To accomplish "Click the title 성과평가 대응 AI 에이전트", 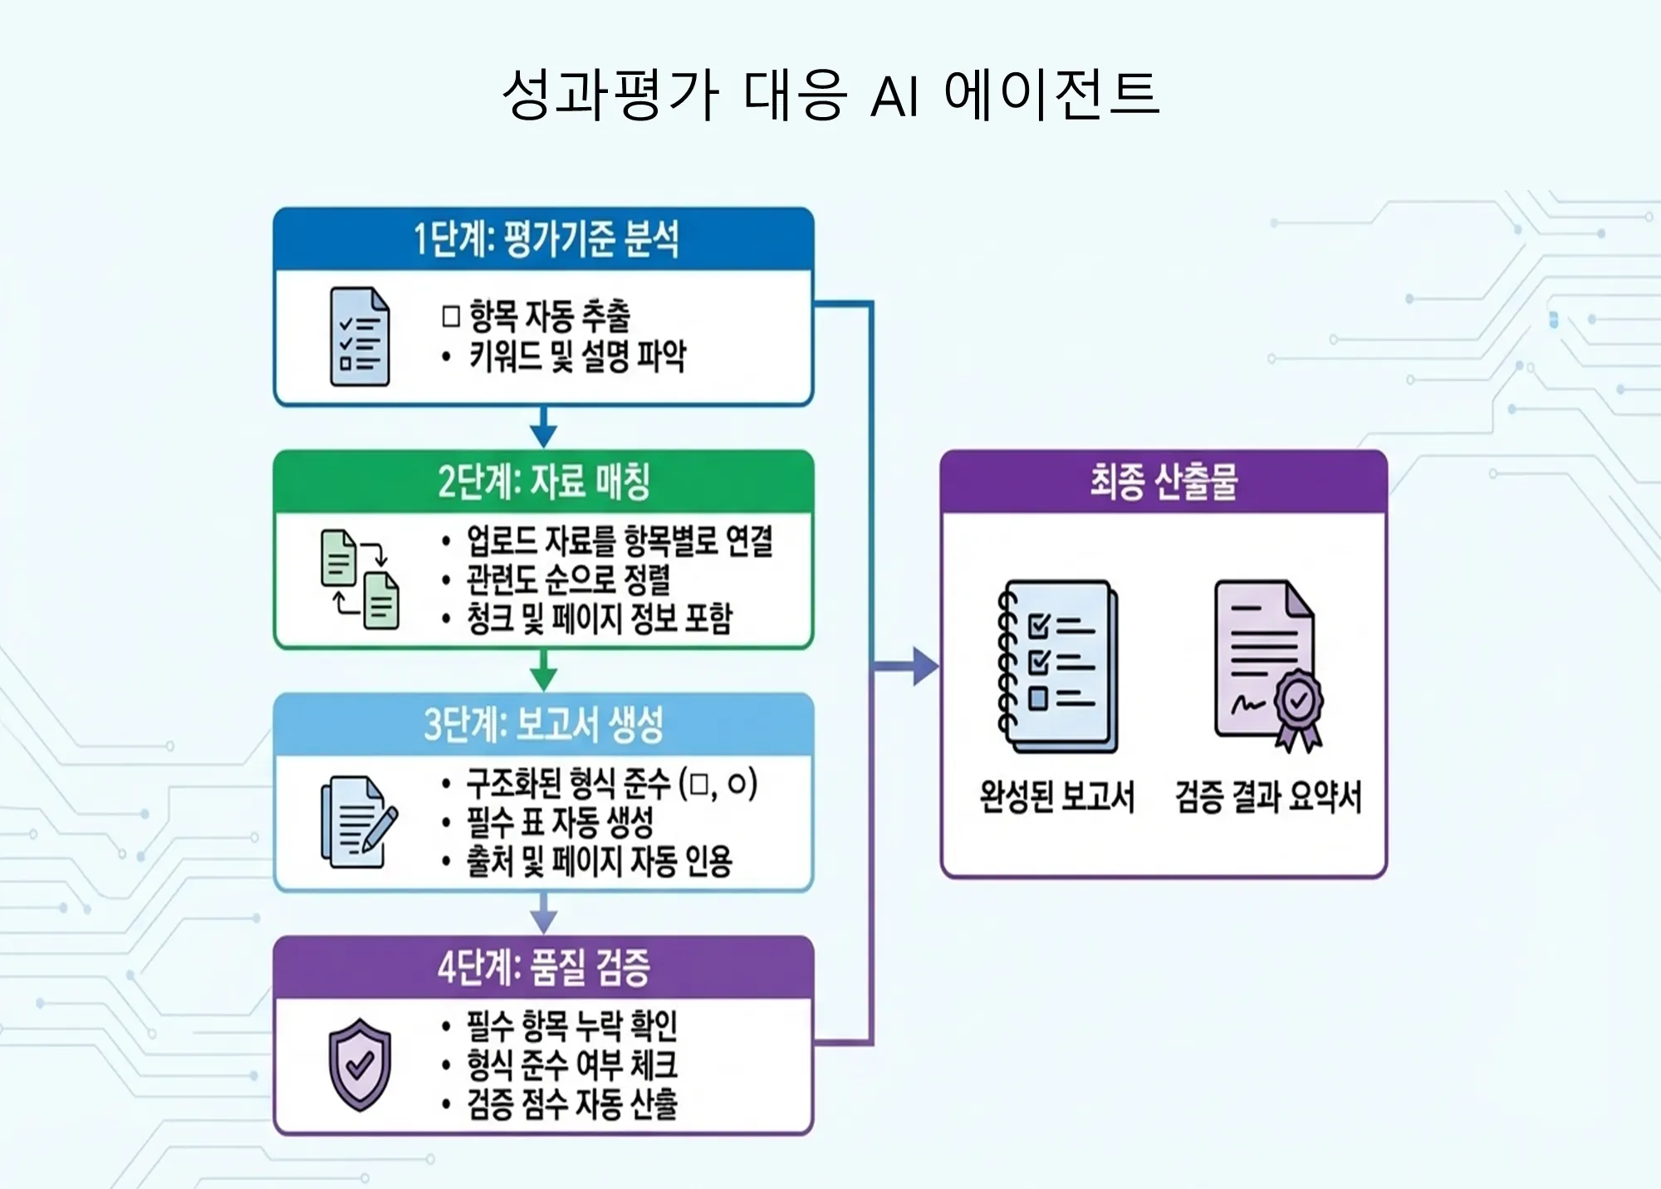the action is coord(830,93).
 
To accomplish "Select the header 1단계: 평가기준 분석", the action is coord(546,239).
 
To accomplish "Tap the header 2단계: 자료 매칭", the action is coord(544,482).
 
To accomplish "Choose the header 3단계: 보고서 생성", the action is coord(544,724).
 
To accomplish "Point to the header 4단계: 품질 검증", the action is coord(544,967).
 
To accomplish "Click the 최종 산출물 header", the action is coord(1164,482).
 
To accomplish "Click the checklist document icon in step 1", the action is coord(360,336).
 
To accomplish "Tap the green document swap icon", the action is coord(360,579).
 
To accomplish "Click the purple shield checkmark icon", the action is coord(360,1064).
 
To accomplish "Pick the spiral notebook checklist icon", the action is coord(1057,667).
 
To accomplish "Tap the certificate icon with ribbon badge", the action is coord(1269,667).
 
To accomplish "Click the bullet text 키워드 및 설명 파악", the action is coord(577,356).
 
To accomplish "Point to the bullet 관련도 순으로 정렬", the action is coord(568,580).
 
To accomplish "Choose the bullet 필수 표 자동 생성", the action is coord(560,823).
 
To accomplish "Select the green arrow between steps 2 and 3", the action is coord(543,670).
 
